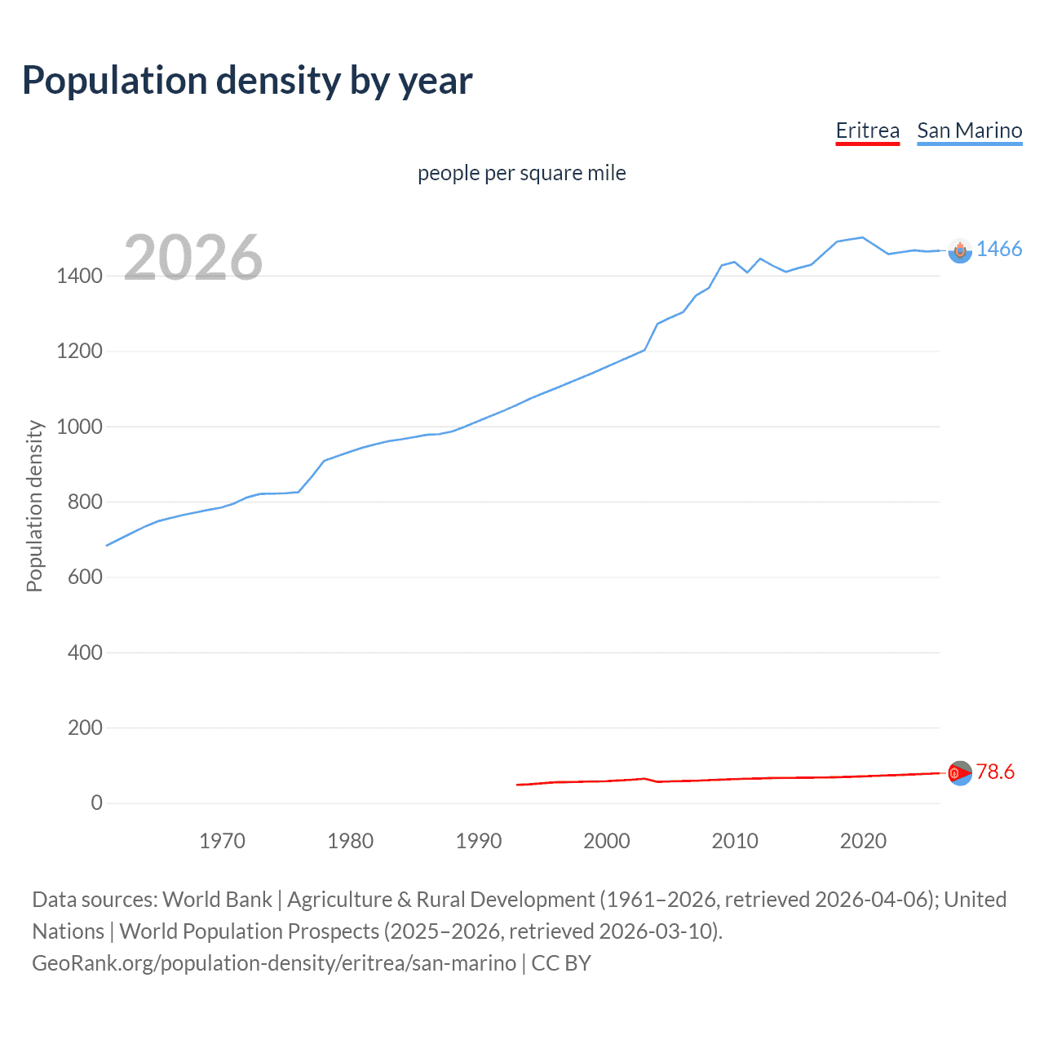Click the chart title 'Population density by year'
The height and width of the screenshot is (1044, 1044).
tap(247, 81)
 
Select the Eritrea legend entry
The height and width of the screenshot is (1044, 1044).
tap(867, 130)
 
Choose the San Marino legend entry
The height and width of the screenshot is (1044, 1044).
tap(969, 130)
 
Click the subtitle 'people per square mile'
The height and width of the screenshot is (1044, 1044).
tap(521, 174)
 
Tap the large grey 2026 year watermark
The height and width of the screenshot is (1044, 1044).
tap(193, 258)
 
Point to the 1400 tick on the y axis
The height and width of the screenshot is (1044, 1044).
tap(79, 276)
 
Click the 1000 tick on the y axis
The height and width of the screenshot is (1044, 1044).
tap(79, 427)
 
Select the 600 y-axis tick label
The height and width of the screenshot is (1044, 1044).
tap(85, 577)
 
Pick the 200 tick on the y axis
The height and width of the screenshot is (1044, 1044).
tap(85, 728)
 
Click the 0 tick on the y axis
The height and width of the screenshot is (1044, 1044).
tap(96, 803)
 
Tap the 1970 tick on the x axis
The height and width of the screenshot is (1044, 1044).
tap(222, 841)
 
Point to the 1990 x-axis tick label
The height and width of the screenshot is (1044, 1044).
tap(479, 841)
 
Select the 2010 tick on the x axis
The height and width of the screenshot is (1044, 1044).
tap(735, 841)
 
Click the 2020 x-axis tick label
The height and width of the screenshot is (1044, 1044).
tap(863, 841)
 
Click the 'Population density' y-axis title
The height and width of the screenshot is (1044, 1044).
tap(34, 506)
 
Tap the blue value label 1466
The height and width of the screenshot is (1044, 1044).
tap(998, 250)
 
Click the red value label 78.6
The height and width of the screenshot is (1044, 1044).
tap(995, 772)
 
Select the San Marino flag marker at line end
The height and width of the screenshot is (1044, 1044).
tap(960, 251)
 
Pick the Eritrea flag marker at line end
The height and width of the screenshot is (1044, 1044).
tap(960, 772)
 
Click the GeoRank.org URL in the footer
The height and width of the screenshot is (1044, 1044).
tap(274, 963)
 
